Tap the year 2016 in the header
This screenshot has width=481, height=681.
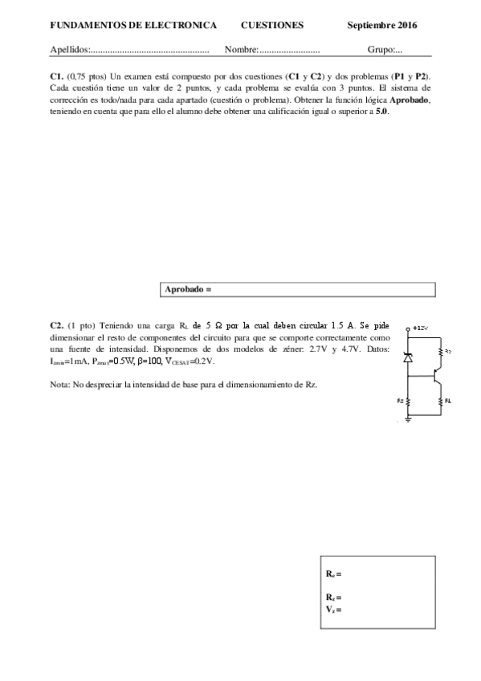[x=412, y=26]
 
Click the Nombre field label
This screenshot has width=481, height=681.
[x=241, y=50]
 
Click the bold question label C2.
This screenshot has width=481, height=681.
[x=56, y=325]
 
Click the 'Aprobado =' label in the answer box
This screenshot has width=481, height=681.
[x=187, y=287]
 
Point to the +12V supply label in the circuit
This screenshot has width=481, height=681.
[x=420, y=328]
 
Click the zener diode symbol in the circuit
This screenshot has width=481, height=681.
[x=407, y=357]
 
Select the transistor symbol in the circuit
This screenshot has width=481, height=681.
[x=435, y=375]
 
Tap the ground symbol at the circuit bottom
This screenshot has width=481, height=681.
[x=407, y=420]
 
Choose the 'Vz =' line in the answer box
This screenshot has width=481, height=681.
[x=333, y=609]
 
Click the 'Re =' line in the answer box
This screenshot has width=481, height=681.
[x=333, y=574]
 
